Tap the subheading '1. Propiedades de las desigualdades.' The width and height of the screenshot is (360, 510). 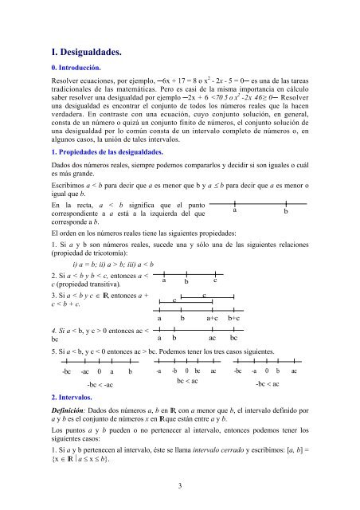pyautogui.click(x=116, y=151)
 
